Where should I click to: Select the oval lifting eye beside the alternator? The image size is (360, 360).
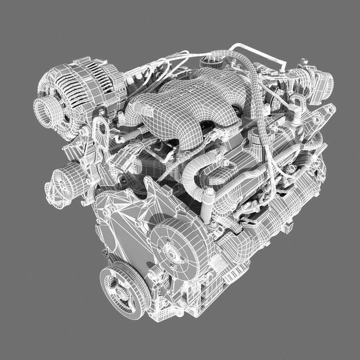click(x=102, y=130)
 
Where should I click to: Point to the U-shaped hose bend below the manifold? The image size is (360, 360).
click(x=202, y=173)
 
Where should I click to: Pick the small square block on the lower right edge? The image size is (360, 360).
click(x=288, y=227)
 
